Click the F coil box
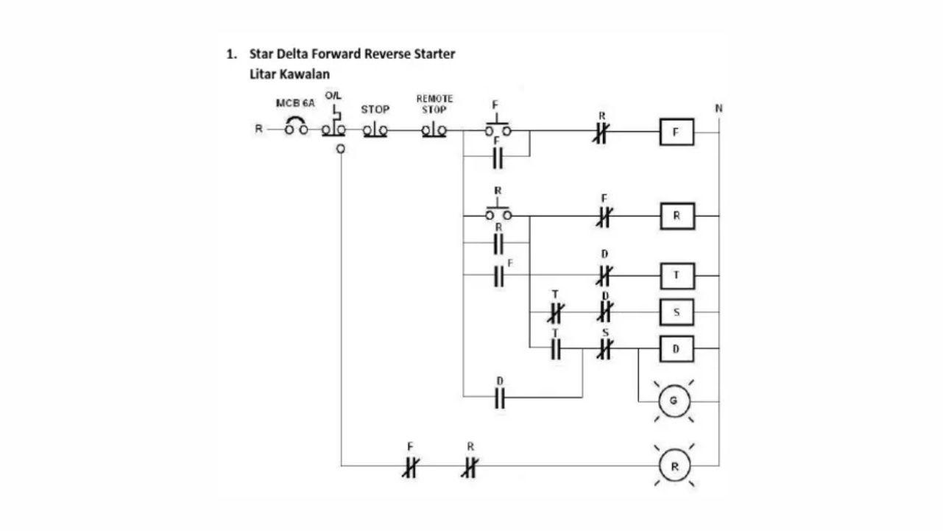coord(677,133)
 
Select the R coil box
coord(677,217)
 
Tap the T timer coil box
coord(677,275)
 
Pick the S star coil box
coord(677,312)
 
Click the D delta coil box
coord(677,349)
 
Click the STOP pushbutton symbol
coord(375,131)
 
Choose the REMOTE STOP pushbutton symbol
coord(434,131)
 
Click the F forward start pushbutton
coord(498,128)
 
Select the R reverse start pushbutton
coord(498,213)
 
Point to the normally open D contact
coord(500,398)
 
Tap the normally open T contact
coord(556,349)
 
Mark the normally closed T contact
coord(556,313)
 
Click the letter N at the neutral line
coord(718,108)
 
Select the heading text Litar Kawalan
coord(289,74)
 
